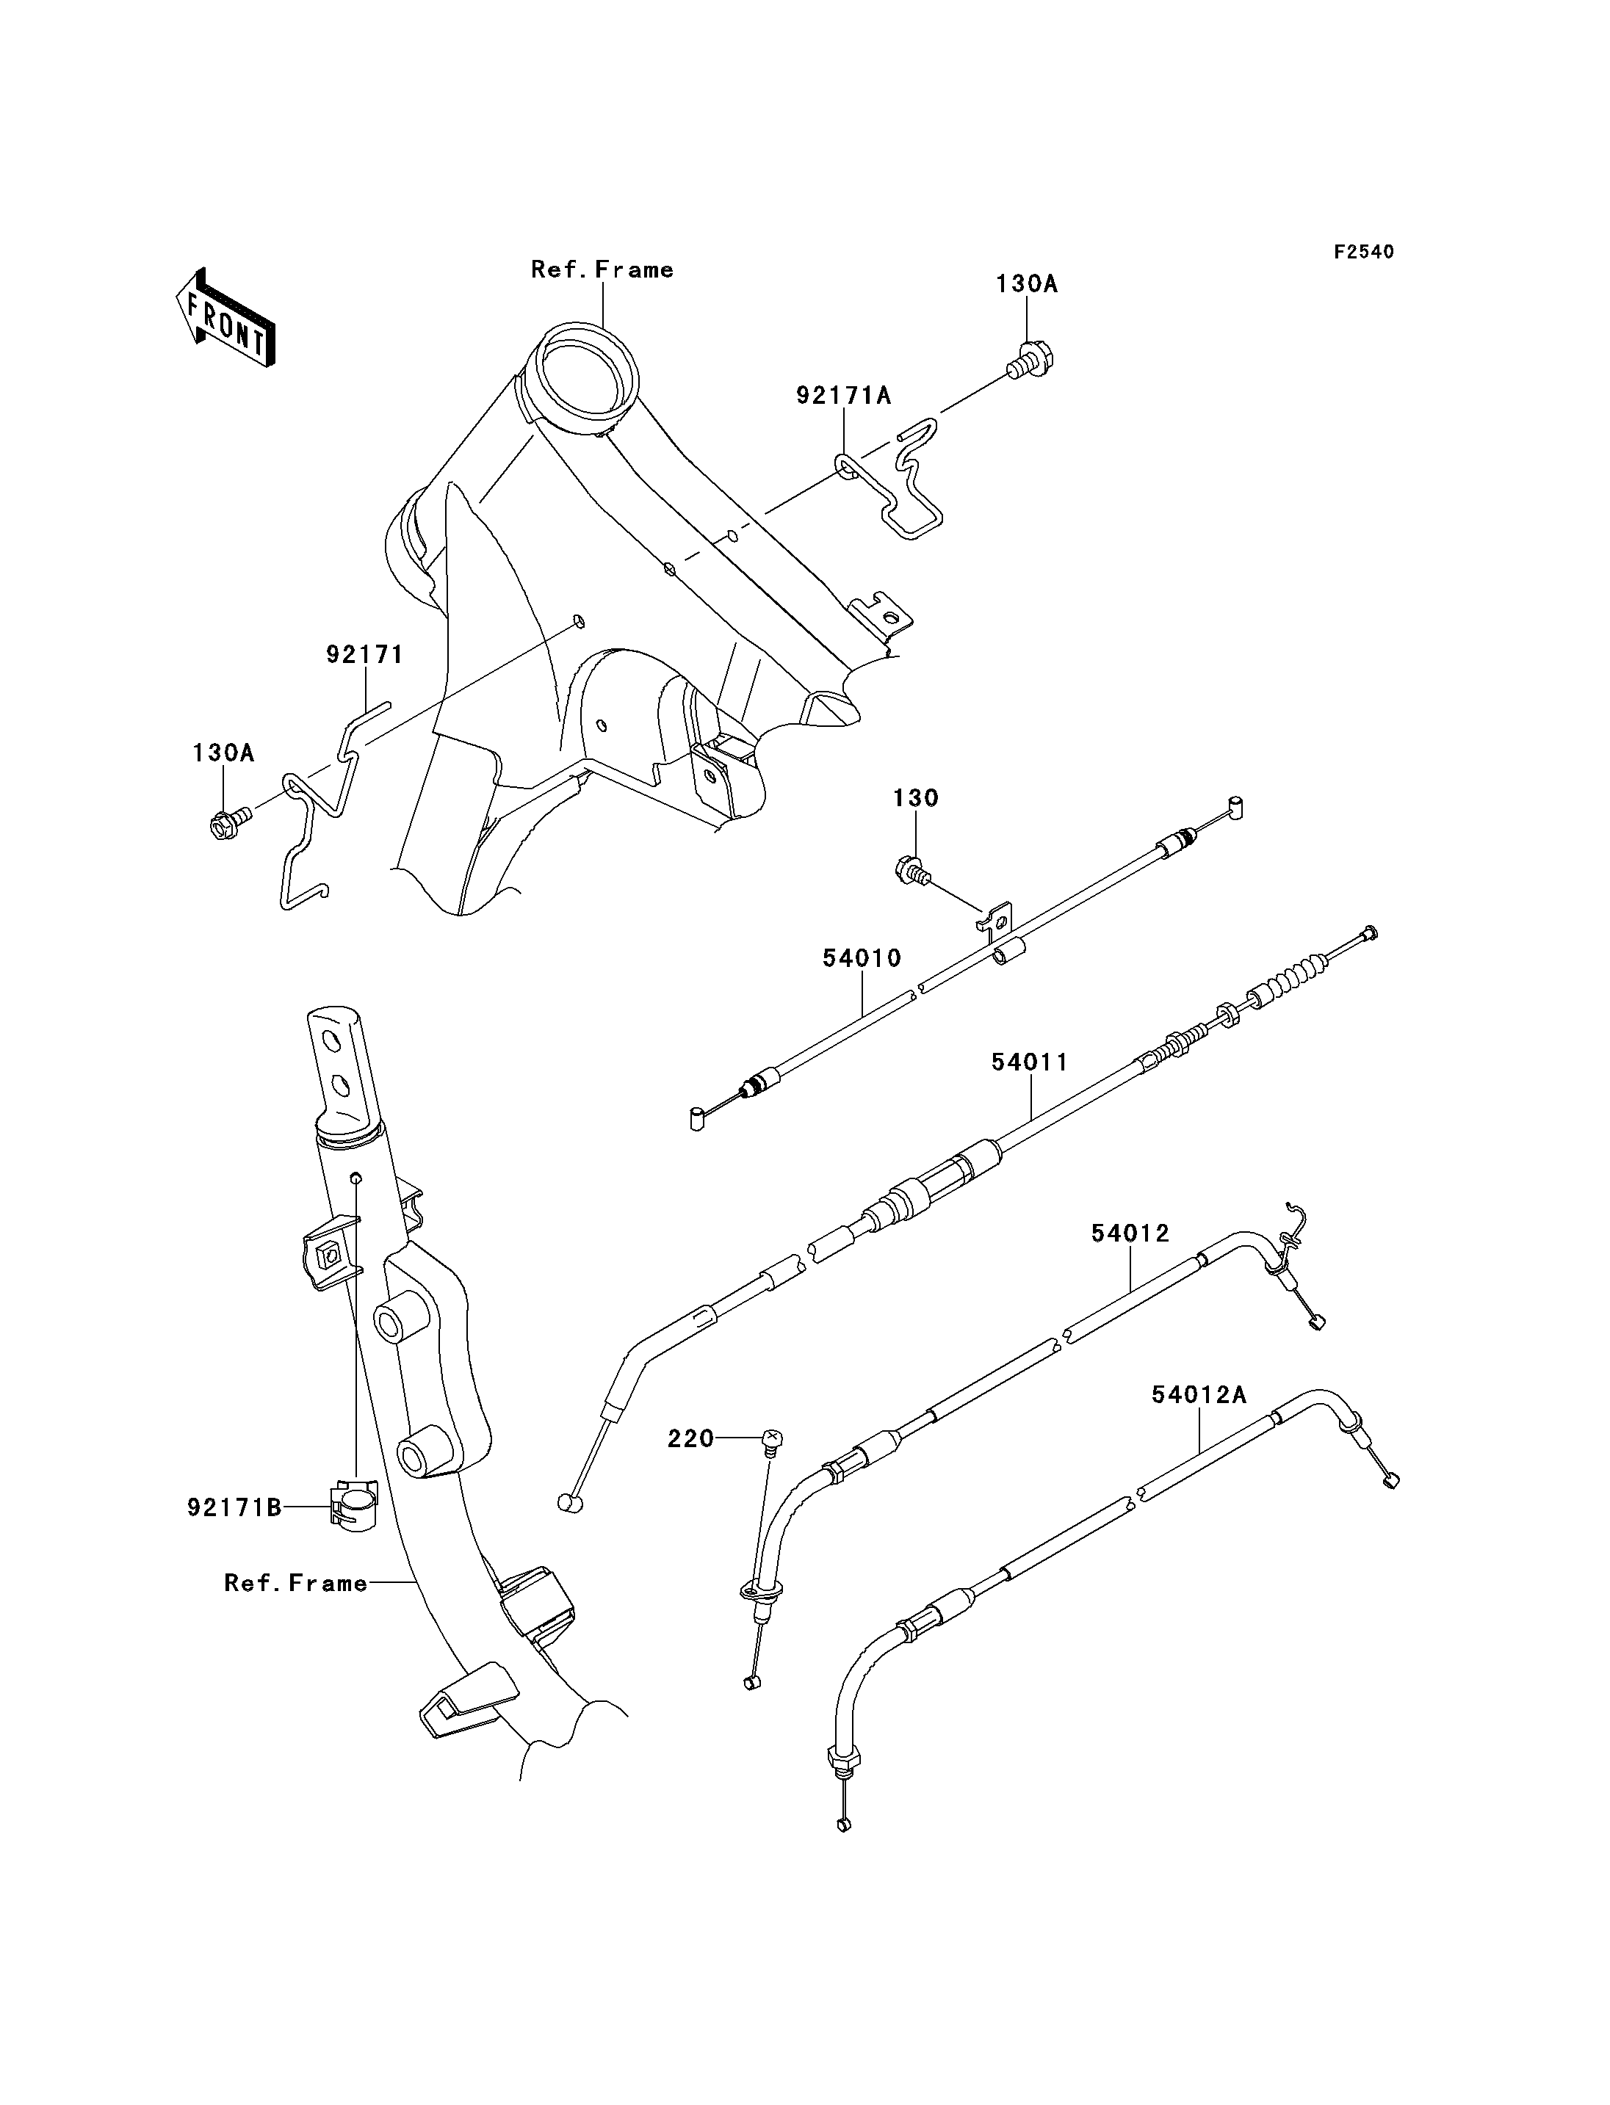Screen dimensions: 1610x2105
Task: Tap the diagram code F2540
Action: point(1364,252)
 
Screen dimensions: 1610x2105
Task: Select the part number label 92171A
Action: point(843,396)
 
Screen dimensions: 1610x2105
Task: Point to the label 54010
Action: point(862,958)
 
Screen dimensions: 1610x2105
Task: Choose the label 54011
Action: point(1030,1062)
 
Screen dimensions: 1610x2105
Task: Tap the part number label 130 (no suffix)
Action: point(916,798)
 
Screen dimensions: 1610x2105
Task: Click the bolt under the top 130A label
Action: point(1028,361)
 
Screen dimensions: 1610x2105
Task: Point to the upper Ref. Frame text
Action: point(602,270)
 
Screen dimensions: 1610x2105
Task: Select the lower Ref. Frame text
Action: point(296,1583)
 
